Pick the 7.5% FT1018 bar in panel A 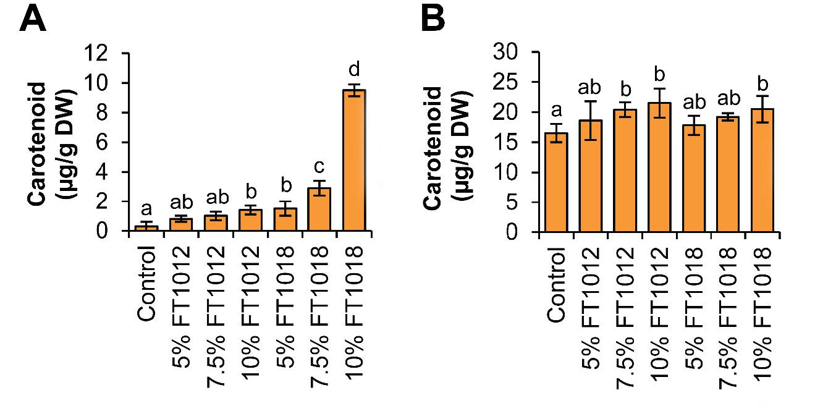pyautogui.click(x=319, y=210)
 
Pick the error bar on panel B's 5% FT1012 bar pyautogui.click(x=590, y=121)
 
